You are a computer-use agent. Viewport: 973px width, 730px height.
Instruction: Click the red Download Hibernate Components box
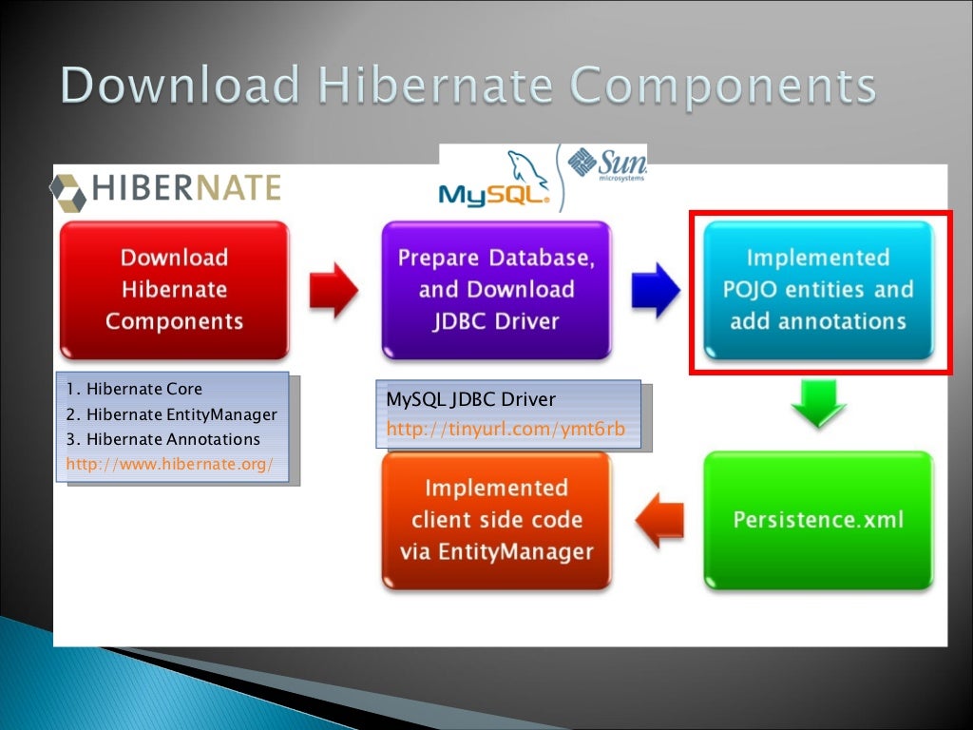point(174,290)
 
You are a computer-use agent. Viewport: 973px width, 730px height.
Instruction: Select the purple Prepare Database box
point(496,290)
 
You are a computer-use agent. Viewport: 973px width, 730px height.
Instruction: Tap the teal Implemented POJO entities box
point(817,290)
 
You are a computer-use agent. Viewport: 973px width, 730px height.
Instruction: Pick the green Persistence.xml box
point(817,520)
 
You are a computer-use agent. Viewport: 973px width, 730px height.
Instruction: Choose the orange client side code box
point(496,520)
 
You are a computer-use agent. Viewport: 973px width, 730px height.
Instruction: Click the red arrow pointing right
point(334,288)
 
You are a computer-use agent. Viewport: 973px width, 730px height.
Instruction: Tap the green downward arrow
point(818,404)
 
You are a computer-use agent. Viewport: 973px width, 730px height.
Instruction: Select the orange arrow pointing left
point(658,521)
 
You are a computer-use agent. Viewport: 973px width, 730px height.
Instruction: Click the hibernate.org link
point(169,464)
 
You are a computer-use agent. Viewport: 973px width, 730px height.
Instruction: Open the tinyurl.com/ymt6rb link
point(506,430)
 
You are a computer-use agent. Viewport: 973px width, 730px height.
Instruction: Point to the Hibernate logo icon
point(69,192)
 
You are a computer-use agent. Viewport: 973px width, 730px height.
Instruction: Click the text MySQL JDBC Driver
point(470,399)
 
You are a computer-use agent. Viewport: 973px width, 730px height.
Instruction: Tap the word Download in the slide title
point(181,86)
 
